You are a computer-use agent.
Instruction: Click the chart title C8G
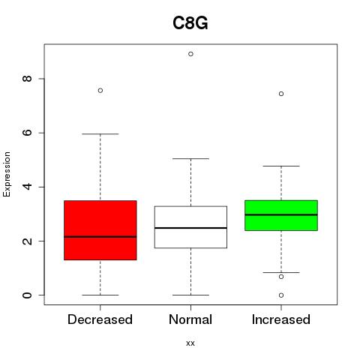(190, 23)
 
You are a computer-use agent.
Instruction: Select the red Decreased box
(100, 230)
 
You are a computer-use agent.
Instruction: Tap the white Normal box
(190, 227)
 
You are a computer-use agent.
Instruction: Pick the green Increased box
(281, 215)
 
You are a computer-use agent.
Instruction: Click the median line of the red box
(100, 237)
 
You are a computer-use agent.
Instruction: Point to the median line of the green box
(281, 214)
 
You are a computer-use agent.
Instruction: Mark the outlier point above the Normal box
(190, 54)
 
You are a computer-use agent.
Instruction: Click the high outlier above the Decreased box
(100, 91)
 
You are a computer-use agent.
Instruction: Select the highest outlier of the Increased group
(281, 94)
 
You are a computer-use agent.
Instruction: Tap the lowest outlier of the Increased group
(281, 295)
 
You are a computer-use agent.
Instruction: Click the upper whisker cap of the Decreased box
(100, 134)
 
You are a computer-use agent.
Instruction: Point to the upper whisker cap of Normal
(190, 158)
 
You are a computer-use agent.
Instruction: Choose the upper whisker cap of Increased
(281, 166)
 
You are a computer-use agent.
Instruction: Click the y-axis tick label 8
(27, 79)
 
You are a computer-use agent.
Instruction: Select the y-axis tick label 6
(27, 133)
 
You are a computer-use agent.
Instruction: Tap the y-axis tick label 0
(27, 295)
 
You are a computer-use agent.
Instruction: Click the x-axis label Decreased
(100, 319)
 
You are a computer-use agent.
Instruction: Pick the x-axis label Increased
(281, 319)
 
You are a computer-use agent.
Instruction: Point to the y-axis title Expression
(7, 174)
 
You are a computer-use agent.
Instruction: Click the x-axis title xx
(190, 343)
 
